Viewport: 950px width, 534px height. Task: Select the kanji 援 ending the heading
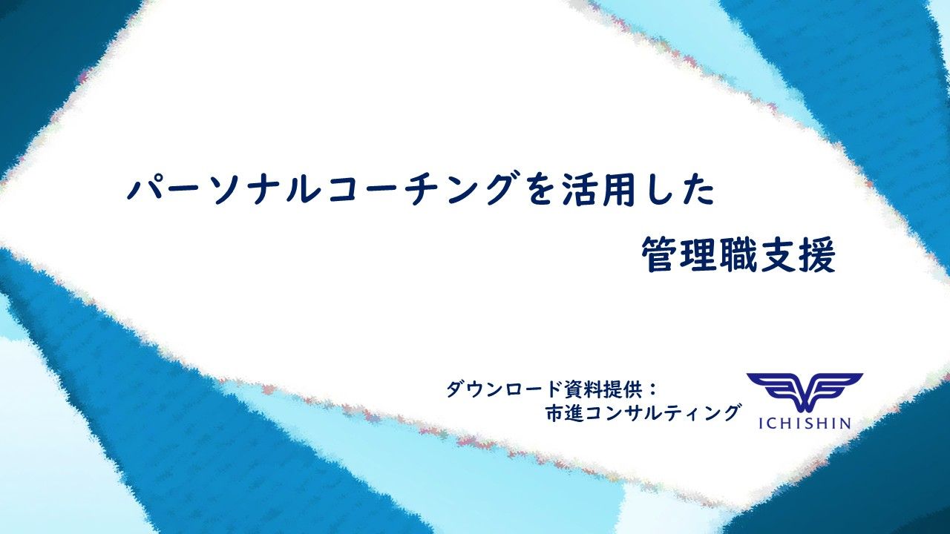[x=818, y=256]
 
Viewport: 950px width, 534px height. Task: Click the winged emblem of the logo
[x=804, y=392]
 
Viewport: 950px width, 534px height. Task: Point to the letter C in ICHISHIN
[x=770, y=423]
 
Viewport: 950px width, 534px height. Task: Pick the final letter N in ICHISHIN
[x=844, y=423]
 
